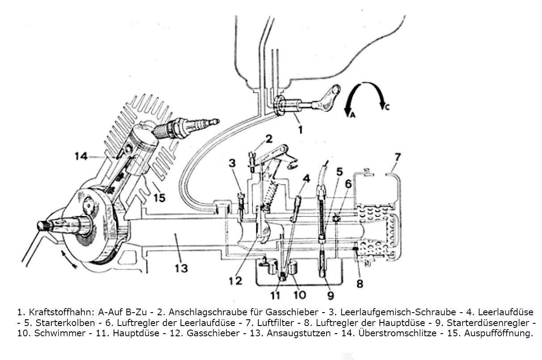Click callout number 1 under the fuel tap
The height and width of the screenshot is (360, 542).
[300, 130]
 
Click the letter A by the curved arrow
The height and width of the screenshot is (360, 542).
[352, 114]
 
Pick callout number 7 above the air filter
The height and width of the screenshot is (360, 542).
[398, 157]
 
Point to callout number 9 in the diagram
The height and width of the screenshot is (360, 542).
[330, 295]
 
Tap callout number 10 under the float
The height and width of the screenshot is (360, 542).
[299, 295]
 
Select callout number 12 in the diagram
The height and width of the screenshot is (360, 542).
[235, 280]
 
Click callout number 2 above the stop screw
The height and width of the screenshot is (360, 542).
[269, 139]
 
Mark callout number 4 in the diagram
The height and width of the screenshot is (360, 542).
[306, 178]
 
